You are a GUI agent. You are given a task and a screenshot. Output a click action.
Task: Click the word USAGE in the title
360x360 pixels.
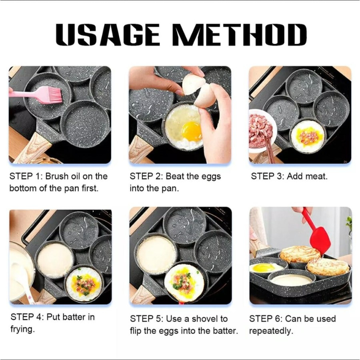[x=108, y=34]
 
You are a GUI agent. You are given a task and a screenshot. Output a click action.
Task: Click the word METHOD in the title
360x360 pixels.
[x=240, y=34]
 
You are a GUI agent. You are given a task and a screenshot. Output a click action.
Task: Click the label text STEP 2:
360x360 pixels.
[x=146, y=176]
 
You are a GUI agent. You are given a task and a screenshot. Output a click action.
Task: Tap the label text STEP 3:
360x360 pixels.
[x=268, y=176]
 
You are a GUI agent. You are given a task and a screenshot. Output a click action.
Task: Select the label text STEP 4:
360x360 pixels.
[x=27, y=317]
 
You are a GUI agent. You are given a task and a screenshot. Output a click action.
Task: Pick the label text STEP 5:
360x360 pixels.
[x=147, y=319]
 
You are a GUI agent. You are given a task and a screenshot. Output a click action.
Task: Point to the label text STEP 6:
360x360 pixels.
[x=266, y=319]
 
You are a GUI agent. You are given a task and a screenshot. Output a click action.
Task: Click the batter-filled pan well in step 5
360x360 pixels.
[x=157, y=254]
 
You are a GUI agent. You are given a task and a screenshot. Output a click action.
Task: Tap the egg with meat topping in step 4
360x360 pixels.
[x=84, y=284]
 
